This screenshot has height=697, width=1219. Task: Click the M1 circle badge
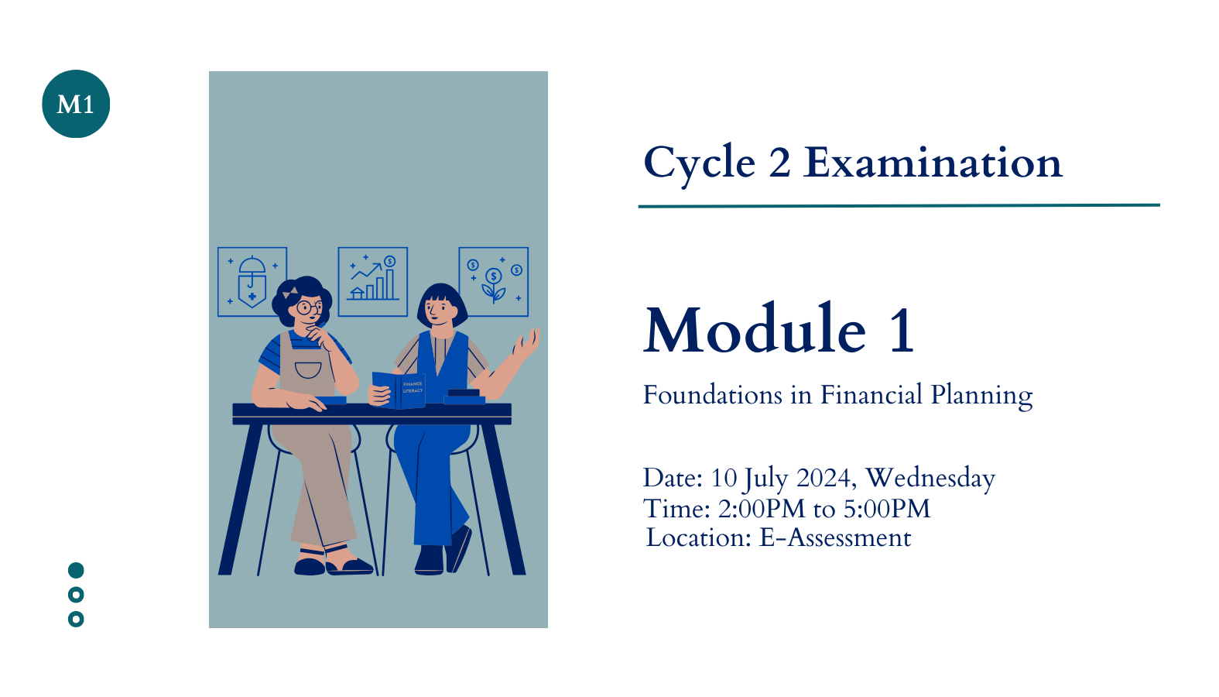pyautogui.click(x=76, y=104)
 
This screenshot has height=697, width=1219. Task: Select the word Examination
pyautogui.click(x=933, y=163)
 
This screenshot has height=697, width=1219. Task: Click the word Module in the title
pyautogui.click(x=755, y=329)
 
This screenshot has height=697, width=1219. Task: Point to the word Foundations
pyautogui.click(x=712, y=395)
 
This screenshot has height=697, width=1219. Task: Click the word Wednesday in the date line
pyautogui.click(x=930, y=478)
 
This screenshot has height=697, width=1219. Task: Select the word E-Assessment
pyautogui.click(x=835, y=537)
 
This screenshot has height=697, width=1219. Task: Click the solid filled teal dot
pyautogui.click(x=76, y=570)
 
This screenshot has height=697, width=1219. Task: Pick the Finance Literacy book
pyautogui.click(x=399, y=390)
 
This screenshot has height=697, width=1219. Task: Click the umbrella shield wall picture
pyautogui.click(x=252, y=282)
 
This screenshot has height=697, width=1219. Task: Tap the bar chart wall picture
pyautogui.click(x=373, y=282)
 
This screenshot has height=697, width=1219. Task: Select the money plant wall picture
pyautogui.click(x=494, y=282)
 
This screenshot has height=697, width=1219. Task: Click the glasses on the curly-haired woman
pyautogui.click(x=309, y=307)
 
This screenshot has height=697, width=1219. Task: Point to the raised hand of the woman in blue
pyautogui.click(x=526, y=343)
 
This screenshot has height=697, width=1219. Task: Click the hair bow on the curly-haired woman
pyautogui.click(x=290, y=293)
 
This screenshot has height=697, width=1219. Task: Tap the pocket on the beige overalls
pyautogui.click(x=308, y=369)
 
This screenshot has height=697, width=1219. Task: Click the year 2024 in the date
pyautogui.click(x=823, y=478)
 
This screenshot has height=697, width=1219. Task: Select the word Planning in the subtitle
pyautogui.click(x=981, y=396)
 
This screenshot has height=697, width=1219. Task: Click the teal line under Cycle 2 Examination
pyautogui.click(x=899, y=206)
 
